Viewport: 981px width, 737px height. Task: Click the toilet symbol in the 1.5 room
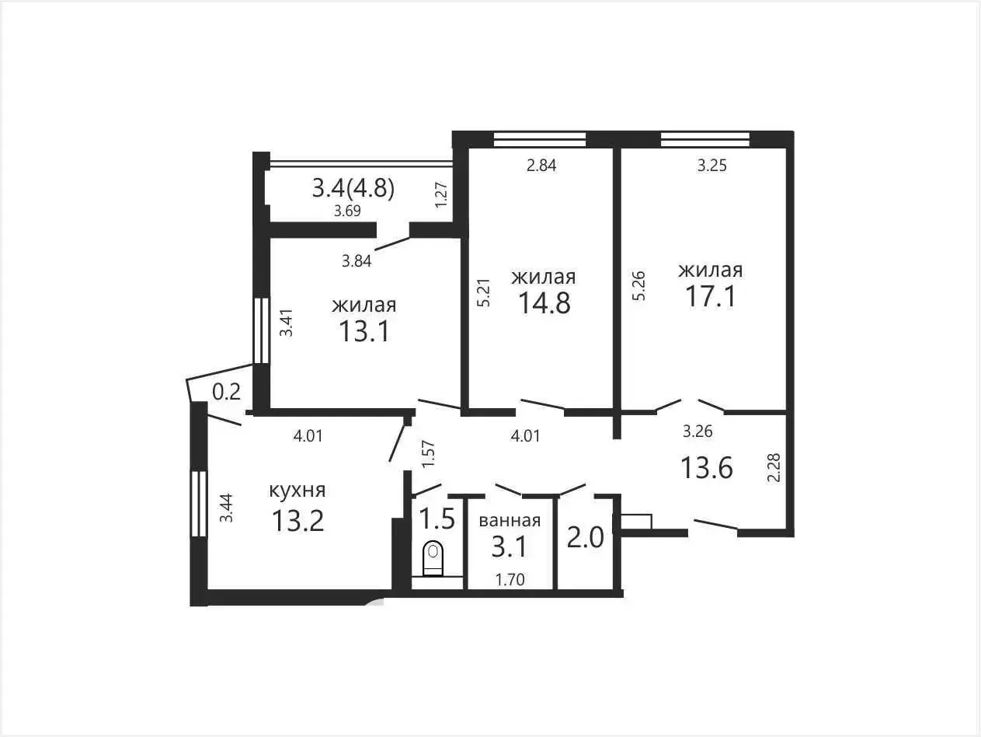(x=433, y=558)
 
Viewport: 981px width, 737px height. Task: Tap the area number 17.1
(x=711, y=296)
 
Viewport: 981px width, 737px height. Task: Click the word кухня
(x=297, y=491)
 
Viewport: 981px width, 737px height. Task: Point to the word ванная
(x=510, y=521)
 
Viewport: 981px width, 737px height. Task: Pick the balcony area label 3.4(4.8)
(x=353, y=188)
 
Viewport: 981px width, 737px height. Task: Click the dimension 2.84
(x=541, y=166)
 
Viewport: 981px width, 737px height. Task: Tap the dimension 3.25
(x=712, y=166)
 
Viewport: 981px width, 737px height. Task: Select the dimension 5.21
(x=484, y=292)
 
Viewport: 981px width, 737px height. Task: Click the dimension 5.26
(x=639, y=285)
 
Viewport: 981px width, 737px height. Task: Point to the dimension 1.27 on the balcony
(x=441, y=194)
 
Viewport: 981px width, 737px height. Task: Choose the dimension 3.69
(x=347, y=211)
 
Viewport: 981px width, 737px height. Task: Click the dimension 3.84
(x=357, y=260)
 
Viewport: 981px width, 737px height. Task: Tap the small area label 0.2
(x=226, y=392)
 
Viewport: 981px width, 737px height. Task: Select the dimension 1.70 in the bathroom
(x=510, y=580)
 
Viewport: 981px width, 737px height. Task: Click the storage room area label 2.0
(x=586, y=537)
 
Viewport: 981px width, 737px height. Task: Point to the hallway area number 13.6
(x=707, y=468)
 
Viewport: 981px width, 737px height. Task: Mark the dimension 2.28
(x=774, y=468)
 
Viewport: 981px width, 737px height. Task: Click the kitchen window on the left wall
(x=198, y=504)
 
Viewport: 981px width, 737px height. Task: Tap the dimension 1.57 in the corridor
(x=428, y=454)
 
